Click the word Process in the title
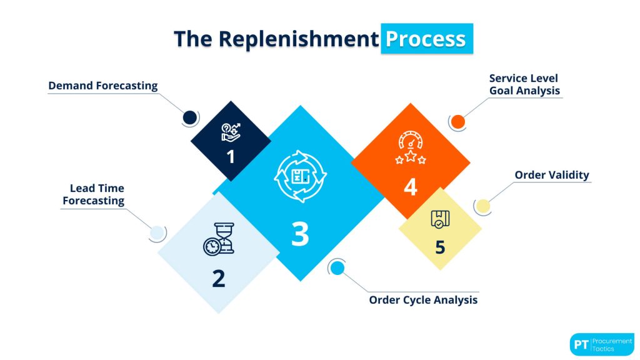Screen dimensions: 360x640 [x=426, y=39]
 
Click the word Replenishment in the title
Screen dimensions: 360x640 [x=298, y=39]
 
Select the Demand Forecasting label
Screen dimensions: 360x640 [x=103, y=86]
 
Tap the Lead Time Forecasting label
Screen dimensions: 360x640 [x=94, y=194]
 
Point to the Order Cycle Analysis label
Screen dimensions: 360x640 [x=423, y=300]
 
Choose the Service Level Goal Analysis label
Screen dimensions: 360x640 [x=524, y=84]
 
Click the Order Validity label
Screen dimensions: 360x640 [x=552, y=174]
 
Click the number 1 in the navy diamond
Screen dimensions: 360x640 [x=231, y=156]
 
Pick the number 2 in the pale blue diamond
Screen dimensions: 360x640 [x=218, y=278]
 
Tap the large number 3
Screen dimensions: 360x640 [x=300, y=234]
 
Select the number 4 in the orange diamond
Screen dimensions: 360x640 [x=410, y=187]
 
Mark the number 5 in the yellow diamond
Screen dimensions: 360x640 [x=440, y=247]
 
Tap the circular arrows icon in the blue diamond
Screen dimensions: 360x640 [x=301, y=176]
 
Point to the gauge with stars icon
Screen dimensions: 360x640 [x=411, y=148]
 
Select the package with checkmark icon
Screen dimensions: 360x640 [x=440, y=219]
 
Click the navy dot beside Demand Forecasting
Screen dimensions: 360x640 [x=190, y=117]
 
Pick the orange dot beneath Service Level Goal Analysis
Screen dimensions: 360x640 [x=458, y=122]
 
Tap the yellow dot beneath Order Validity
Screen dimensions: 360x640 [x=482, y=206]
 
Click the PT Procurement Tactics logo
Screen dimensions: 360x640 [x=602, y=344]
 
